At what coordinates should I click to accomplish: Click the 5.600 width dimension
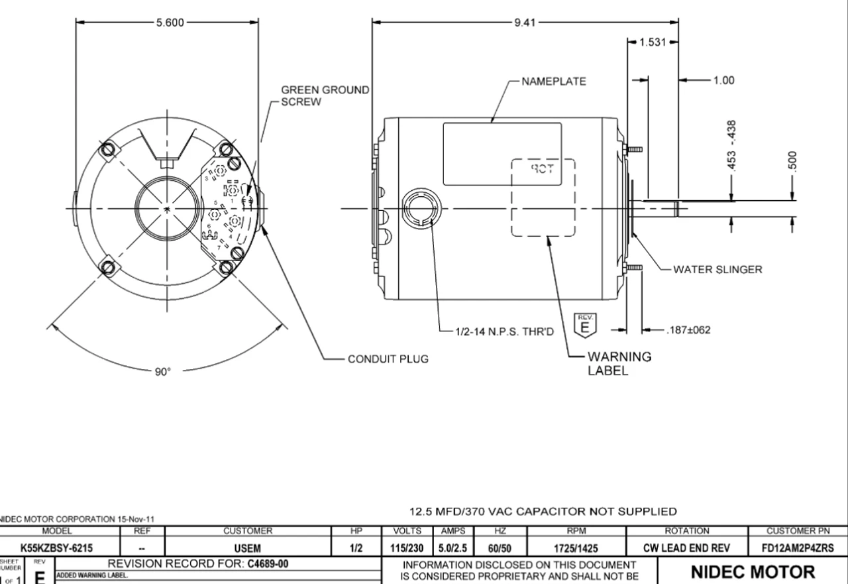[170, 23]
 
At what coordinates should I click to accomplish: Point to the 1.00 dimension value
[723, 80]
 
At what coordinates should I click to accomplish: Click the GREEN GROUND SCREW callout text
[325, 95]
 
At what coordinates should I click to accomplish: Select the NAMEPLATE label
[553, 82]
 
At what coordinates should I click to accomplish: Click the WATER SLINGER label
[717, 269]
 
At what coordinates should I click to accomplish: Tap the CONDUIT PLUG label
[388, 359]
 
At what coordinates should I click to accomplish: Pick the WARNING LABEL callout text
[619, 363]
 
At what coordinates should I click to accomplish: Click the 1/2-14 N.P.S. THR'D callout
[503, 330]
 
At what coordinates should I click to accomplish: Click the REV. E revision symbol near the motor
[584, 325]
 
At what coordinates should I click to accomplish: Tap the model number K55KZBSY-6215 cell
[56, 548]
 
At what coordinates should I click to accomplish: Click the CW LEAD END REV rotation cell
[686, 548]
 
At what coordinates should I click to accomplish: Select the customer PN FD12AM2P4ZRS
[798, 548]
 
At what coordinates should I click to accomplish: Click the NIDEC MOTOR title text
[753, 571]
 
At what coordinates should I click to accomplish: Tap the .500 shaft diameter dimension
[792, 161]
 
